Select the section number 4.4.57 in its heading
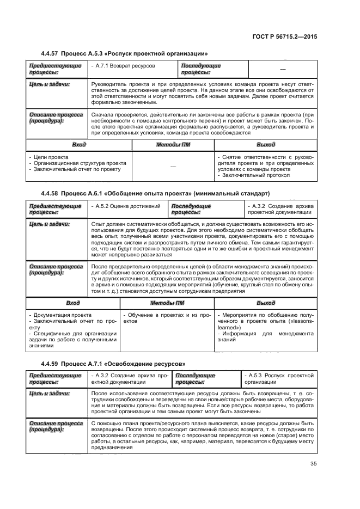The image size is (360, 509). pos(52,53)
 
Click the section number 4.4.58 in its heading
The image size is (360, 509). pos(52,194)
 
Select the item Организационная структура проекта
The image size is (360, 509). pos(80,163)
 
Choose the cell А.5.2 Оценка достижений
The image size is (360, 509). pos(127,207)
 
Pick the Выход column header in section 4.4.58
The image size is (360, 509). pos(265,303)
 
